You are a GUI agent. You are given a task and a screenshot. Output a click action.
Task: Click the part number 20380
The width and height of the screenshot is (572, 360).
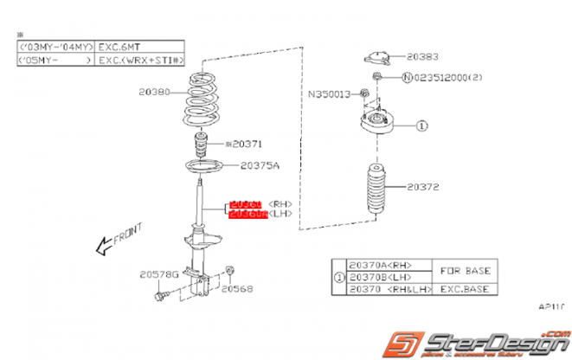tap(153, 91)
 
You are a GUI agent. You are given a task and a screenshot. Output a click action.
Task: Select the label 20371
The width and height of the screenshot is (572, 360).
tap(243, 145)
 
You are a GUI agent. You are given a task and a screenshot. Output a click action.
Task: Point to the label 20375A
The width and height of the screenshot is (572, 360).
tap(260, 164)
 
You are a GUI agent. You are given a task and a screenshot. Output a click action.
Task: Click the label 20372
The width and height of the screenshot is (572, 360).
tap(425, 186)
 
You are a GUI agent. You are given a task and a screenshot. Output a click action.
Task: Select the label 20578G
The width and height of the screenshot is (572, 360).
tap(158, 274)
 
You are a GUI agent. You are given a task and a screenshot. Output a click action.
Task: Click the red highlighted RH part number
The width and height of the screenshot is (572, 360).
tap(244, 204)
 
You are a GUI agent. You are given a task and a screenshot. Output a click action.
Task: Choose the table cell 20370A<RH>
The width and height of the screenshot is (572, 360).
tap(380, 266)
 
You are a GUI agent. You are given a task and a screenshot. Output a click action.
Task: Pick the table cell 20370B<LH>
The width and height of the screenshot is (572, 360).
tap(380, 278)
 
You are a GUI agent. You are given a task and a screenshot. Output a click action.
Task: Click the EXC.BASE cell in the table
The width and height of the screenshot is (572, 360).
tap(466, 290)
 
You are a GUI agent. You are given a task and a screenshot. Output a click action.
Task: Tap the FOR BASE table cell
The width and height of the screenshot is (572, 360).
tap(466, 271)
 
